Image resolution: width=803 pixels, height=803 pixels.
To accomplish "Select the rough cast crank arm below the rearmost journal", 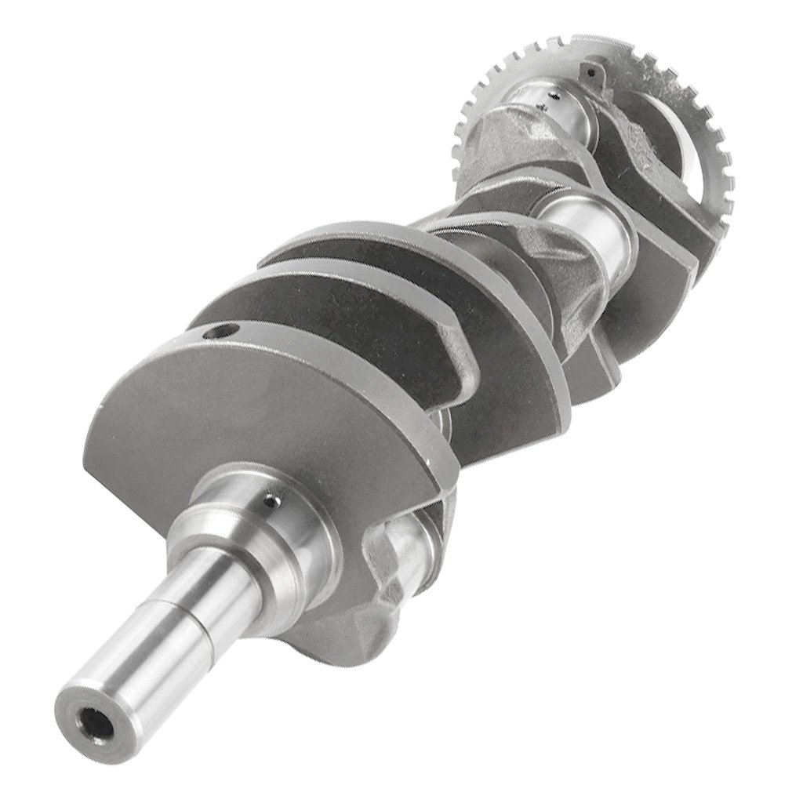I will [502, 149].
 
